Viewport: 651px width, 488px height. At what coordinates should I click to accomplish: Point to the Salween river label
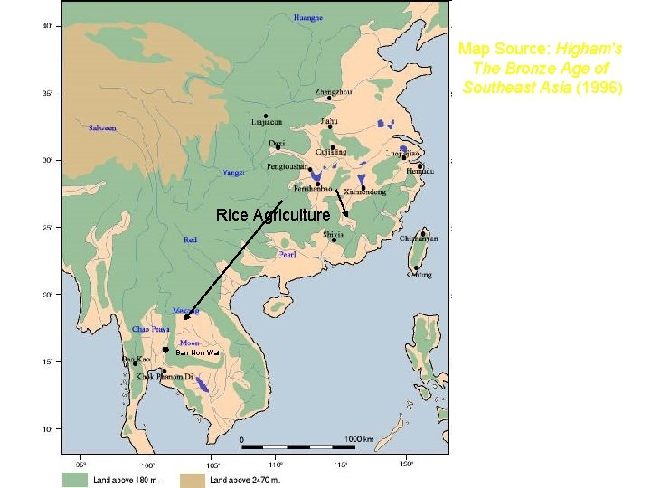pos(101,127)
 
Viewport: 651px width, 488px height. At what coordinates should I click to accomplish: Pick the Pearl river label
pos(288,254)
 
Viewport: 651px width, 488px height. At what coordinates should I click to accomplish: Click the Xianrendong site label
pos(364,192)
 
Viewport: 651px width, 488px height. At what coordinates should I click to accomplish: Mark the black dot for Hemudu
pos(420,166)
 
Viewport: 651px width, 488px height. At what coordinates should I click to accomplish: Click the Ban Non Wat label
pos(197,352)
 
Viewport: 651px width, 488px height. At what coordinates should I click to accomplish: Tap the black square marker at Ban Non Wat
pos(165,350)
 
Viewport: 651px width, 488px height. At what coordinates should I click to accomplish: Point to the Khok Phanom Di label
pos(165,376)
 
